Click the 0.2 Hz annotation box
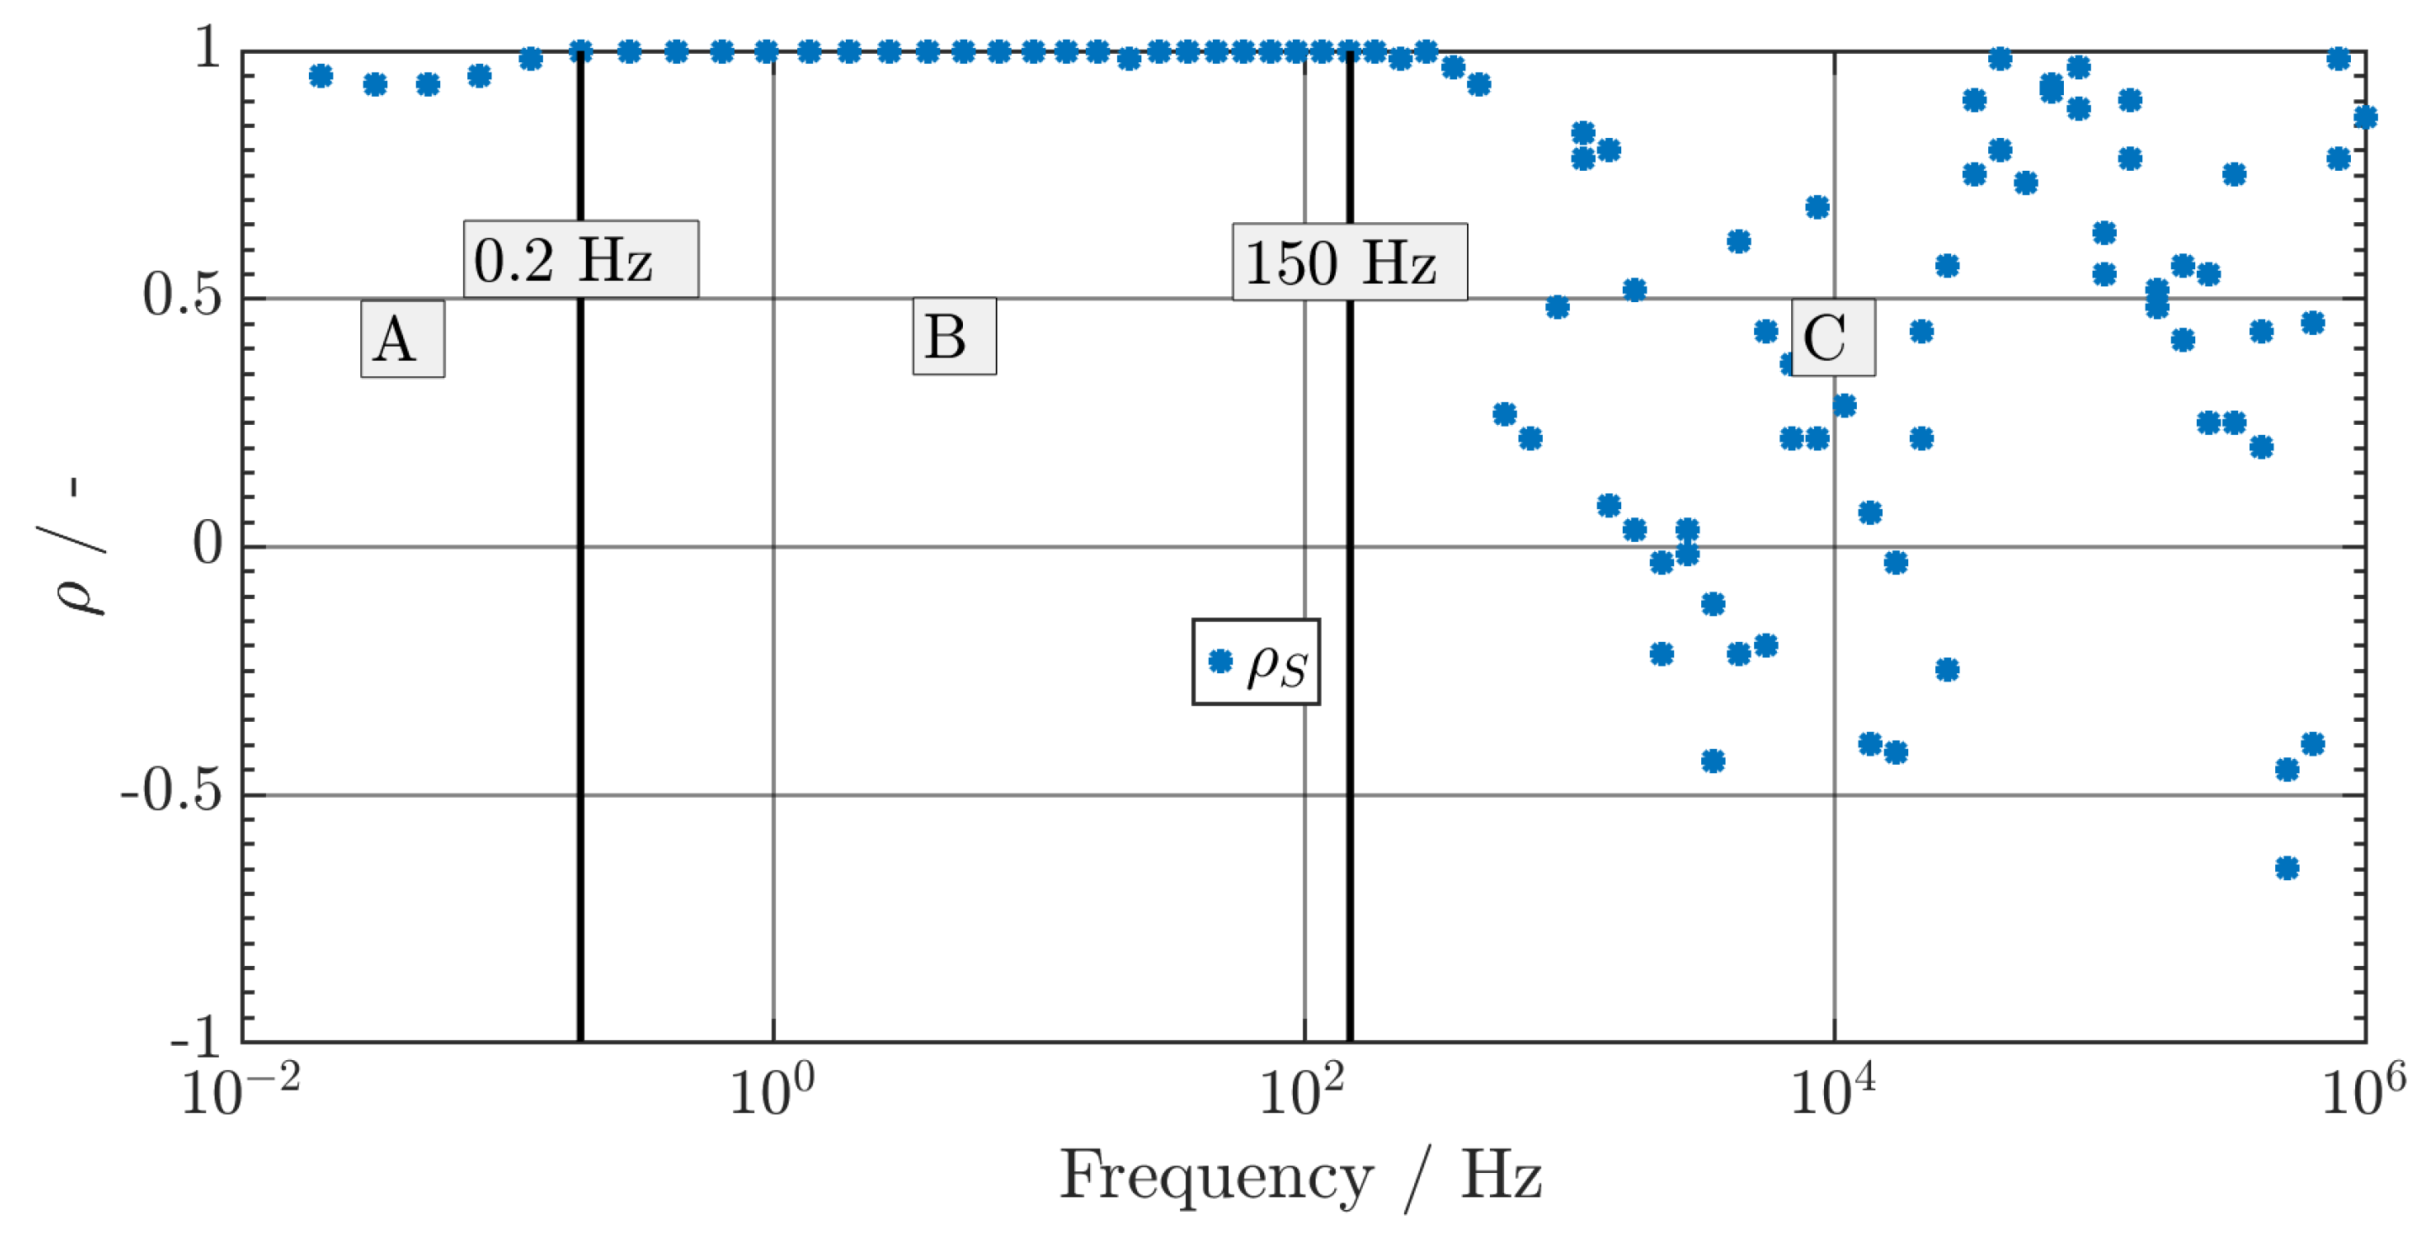581,260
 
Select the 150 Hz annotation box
1349,263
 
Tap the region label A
402,339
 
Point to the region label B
954,336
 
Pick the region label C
1832,338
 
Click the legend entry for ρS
1256,662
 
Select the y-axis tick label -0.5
172,792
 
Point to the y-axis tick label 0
208,544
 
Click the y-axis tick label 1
208,47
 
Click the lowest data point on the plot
2287,867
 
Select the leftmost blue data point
321,77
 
